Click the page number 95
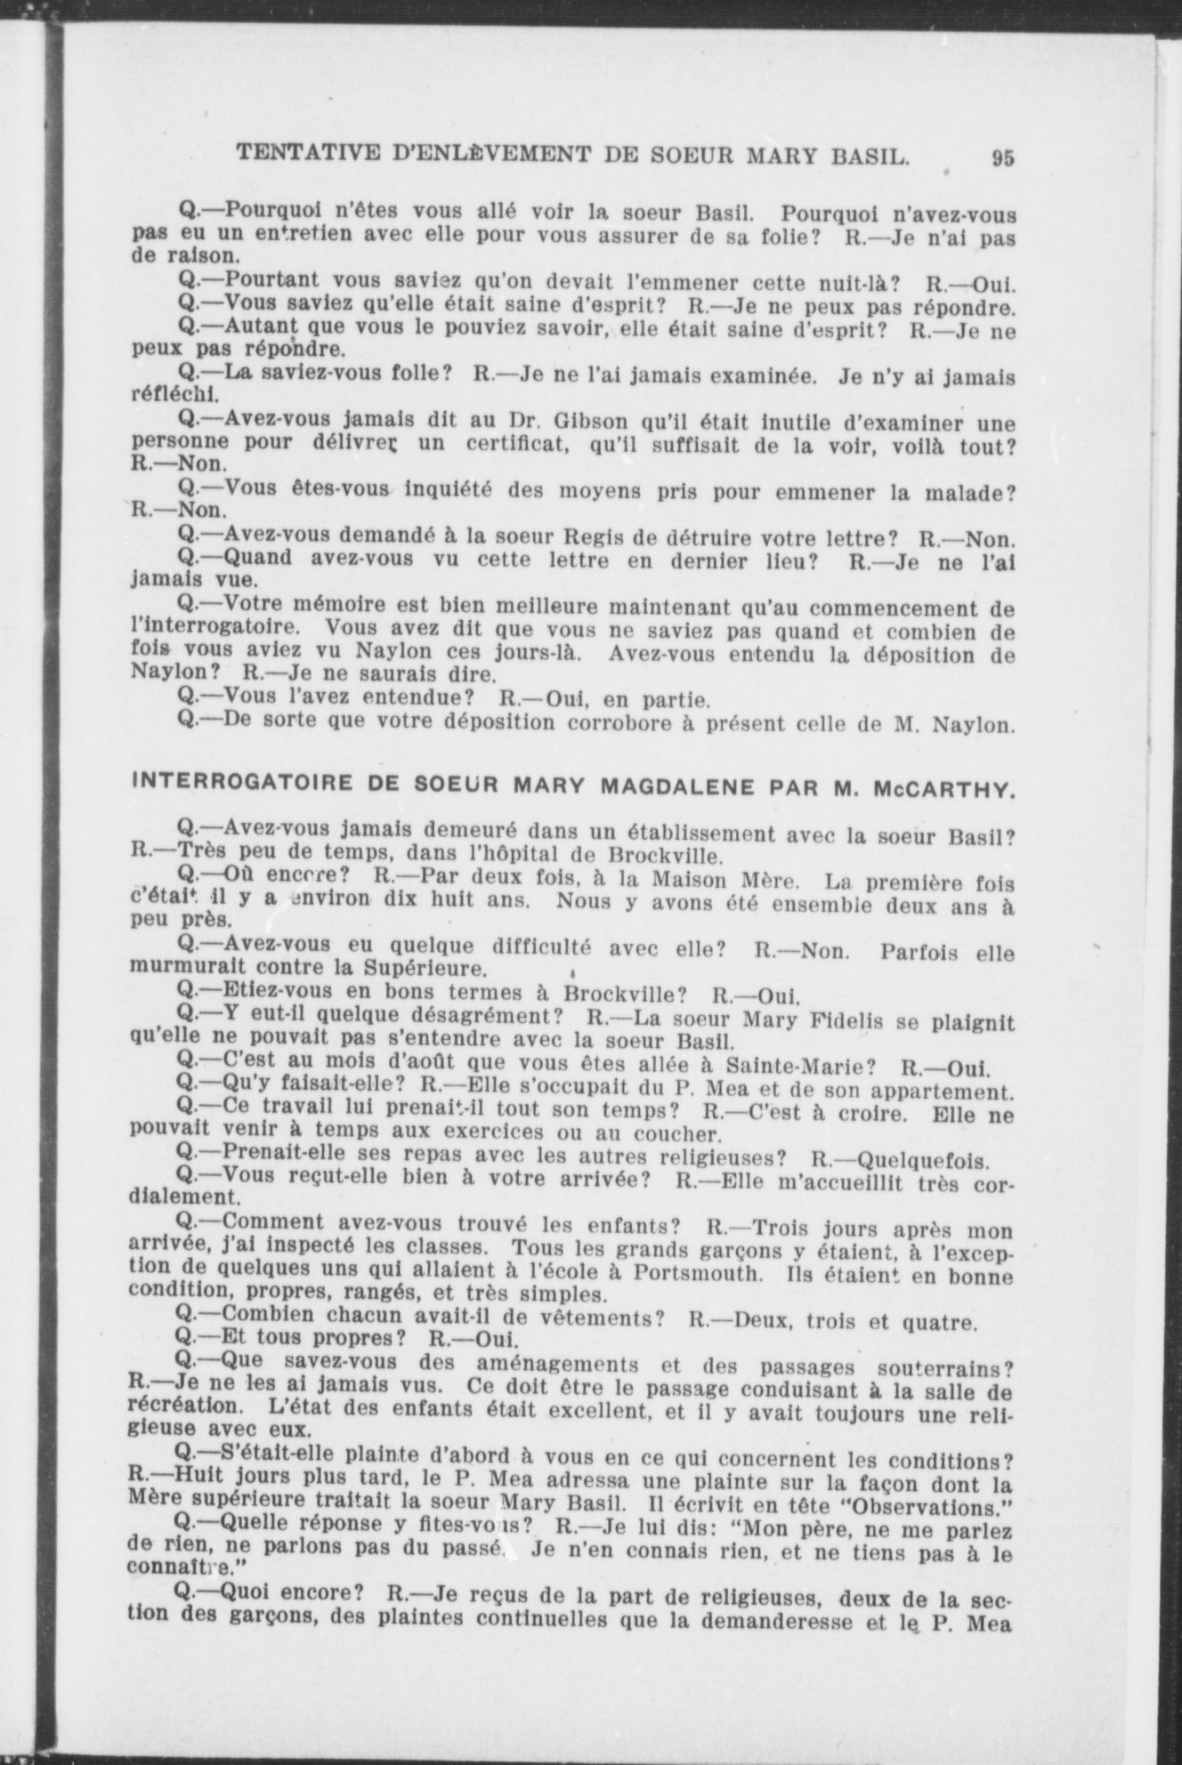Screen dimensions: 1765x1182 (x=1002, y=157)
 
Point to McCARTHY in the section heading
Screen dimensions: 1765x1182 (x=945, y=788)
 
